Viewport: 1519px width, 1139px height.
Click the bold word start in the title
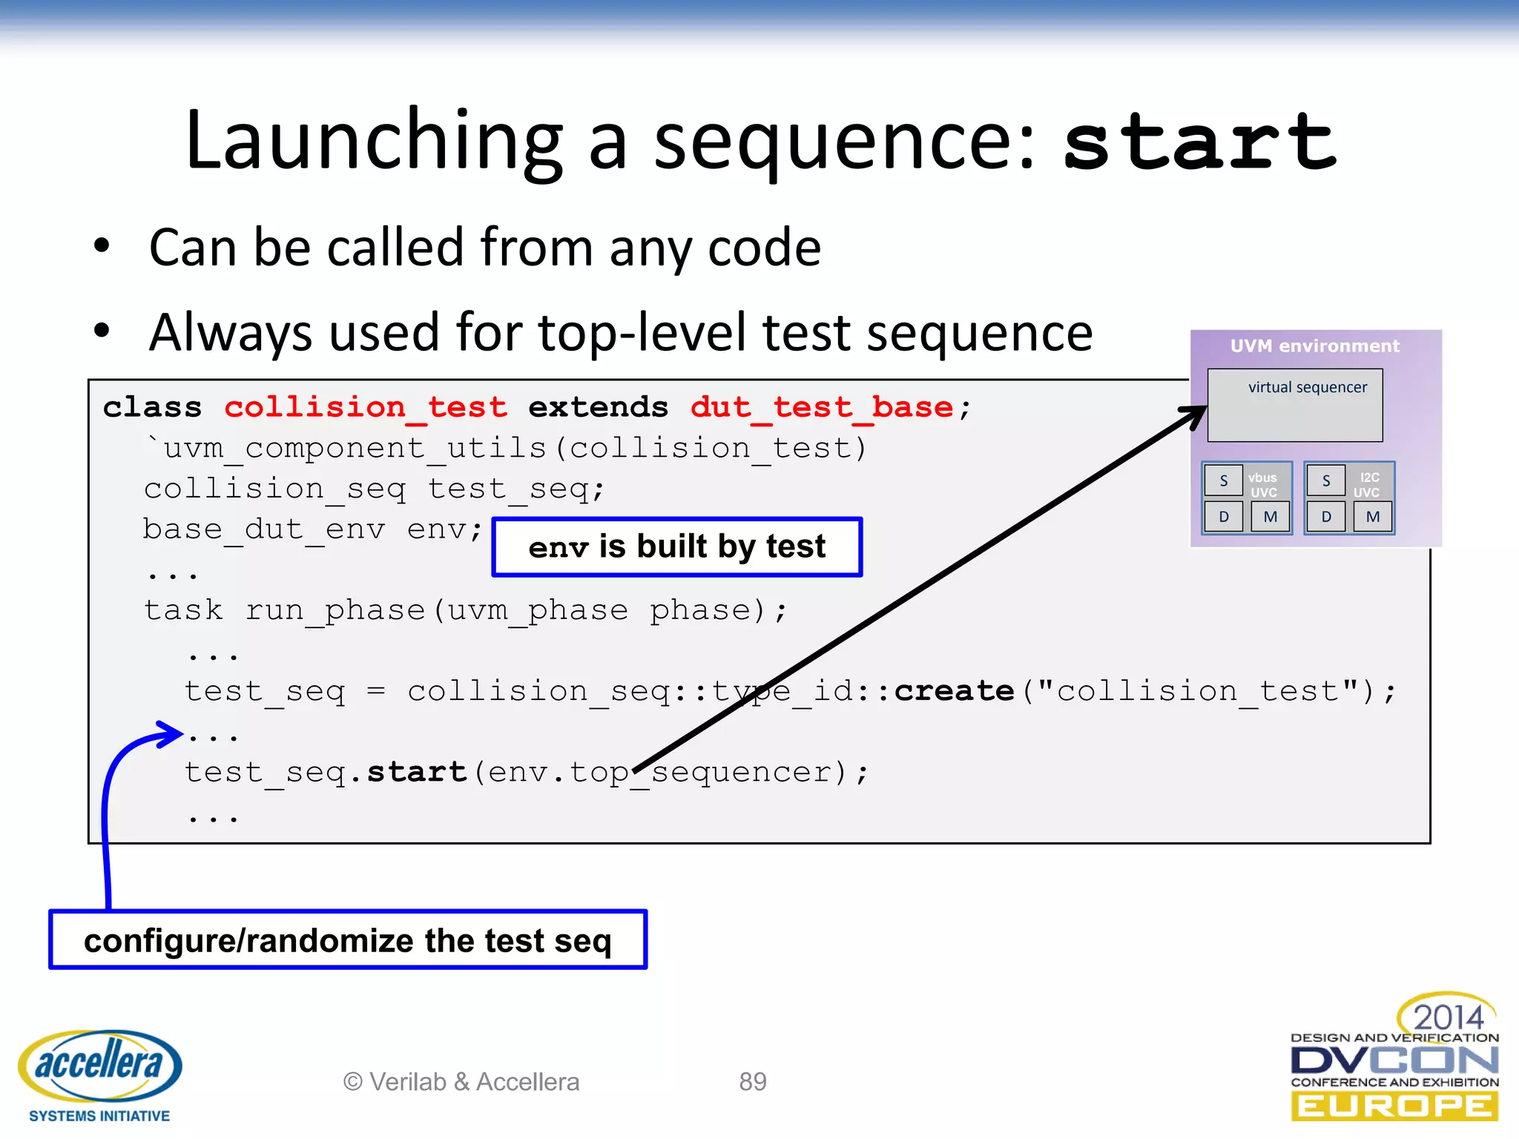point(1200,141)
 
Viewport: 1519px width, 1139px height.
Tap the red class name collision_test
point(366,407)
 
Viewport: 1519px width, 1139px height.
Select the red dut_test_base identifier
point(821,407)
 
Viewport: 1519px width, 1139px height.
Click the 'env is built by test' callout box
point(676,547)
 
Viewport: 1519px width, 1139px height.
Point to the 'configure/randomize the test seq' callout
point(348,940)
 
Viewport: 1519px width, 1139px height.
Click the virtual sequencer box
point(1295,406)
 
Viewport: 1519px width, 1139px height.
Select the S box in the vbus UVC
point(1223,481)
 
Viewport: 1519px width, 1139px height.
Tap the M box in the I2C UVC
point(1373,517)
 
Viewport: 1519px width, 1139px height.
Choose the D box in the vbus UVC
point(1223,517)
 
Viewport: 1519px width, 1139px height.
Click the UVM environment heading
point(1314,346)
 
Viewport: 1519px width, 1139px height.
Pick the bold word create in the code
point(954,691)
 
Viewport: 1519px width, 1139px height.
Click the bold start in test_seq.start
point(417,772)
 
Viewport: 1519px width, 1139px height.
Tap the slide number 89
point(752,1082)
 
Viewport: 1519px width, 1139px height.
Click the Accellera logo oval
point(99,1066)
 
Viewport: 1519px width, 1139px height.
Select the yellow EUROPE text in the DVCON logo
point(1394,1106)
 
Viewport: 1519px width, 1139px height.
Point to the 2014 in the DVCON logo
point(1447,1017)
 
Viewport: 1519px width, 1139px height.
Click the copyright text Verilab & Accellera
point(461,1082)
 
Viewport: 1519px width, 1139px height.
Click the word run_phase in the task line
point(335,610)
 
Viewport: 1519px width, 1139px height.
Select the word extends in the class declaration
point(598,407)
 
